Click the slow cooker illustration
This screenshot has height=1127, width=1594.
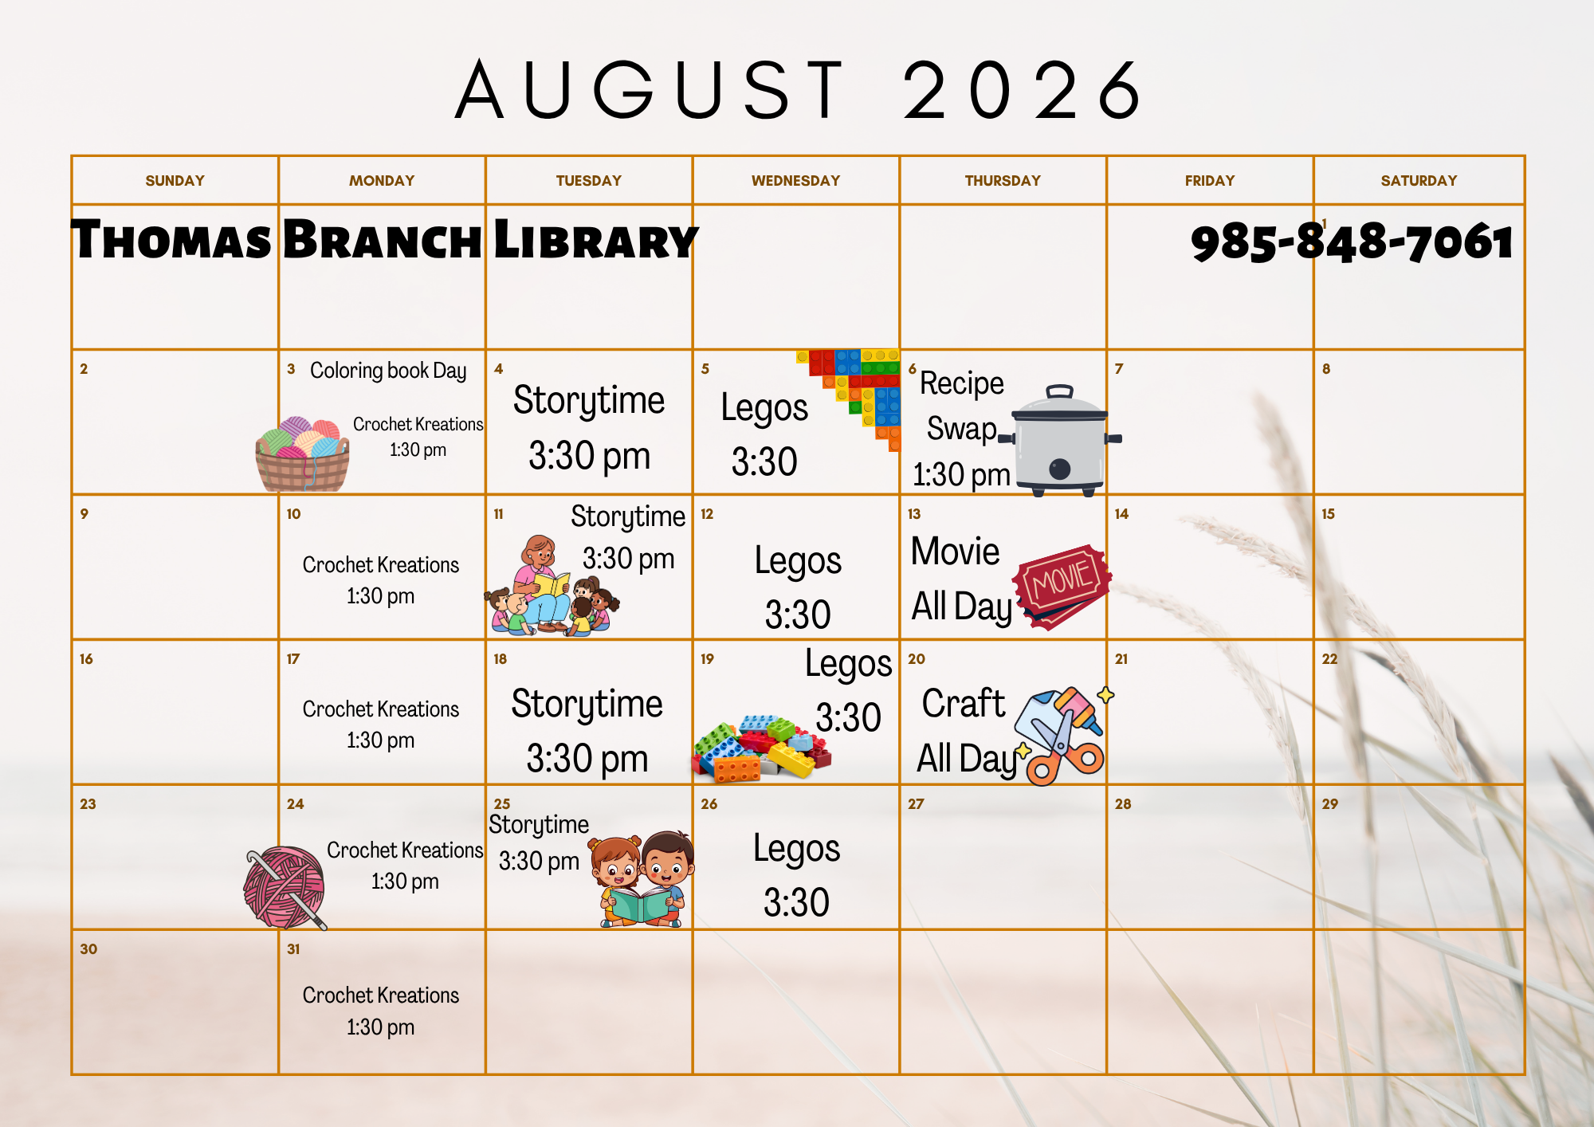[1060, 440]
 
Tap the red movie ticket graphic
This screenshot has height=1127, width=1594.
[1062, 587]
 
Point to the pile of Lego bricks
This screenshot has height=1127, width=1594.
[760, 748]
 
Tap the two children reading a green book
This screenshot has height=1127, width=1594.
[642, 879]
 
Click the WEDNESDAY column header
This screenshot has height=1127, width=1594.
[795, 181]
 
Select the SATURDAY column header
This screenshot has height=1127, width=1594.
[1419, 181]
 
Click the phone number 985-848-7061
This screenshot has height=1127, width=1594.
[1352, 241]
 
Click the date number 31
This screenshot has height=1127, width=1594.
[293, 949]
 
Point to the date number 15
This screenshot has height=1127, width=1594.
[1328, 514]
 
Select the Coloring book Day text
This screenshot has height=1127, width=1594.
[388, 371]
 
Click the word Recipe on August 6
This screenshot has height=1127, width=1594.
[962, 383]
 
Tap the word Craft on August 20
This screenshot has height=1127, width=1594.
[964, 703]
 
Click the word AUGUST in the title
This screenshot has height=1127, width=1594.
[650, 89]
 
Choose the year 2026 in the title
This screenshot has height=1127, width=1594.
[1023, 89]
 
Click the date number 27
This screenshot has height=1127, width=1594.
[916, 804]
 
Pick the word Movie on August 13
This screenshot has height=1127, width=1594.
[955, 552]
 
